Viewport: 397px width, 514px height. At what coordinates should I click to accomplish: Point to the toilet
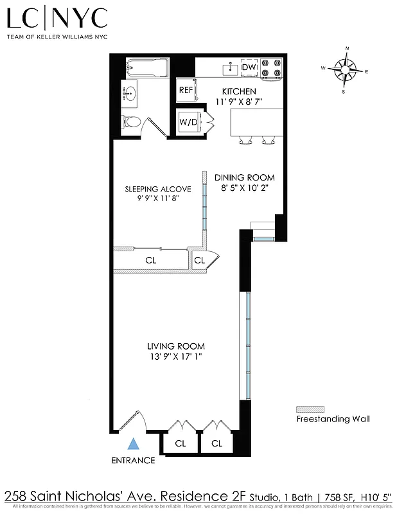pyautogui.click(x=131, y=121)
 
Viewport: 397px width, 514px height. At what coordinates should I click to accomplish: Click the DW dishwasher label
pyautogui.click(x=249, y=67)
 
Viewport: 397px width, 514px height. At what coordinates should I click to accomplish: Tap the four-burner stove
pyautogui.click(x=272, y=67)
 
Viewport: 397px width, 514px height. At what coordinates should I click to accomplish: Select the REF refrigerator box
pyautogui.click(x=186, y=90)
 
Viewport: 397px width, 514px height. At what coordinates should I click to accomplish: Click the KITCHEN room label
pyautogui.click(x=239, y=92)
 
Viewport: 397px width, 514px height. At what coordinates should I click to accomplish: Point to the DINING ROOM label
pyautogui.click(x=244, y=178)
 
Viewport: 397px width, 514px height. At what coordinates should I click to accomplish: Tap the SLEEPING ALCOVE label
pyautogui.click(x=157, y=189)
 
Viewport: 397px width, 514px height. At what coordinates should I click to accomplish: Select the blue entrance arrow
pyautogui.click(x=133, y=443)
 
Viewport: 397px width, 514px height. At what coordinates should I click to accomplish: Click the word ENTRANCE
pyautogui.click(x=133, y=460)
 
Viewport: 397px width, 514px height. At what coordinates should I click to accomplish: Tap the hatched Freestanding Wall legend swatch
pyautogui.click(x=310, y=409)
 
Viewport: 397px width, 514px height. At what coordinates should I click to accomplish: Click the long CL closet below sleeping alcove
pyautogui.click(x=150, y=260)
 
